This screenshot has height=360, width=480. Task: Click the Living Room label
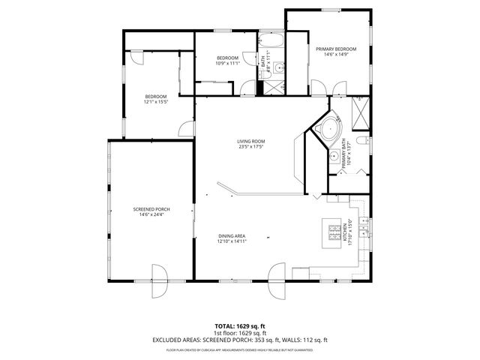tap(251, 141)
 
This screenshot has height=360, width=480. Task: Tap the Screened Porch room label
tap(151, 209)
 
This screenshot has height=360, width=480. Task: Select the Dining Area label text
tap(232, 236)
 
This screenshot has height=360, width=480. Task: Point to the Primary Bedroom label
tap(335, 49)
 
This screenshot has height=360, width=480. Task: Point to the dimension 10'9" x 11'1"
tap(227, 64)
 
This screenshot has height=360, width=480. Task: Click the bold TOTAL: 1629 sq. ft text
tap(239, 326)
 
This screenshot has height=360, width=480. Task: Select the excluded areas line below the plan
tap(240, 340)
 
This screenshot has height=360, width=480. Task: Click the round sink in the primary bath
tap(333, 156)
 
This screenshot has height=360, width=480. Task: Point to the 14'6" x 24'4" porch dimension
tap(151, 215)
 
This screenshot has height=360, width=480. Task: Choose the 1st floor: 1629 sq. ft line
tap(240, 333)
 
